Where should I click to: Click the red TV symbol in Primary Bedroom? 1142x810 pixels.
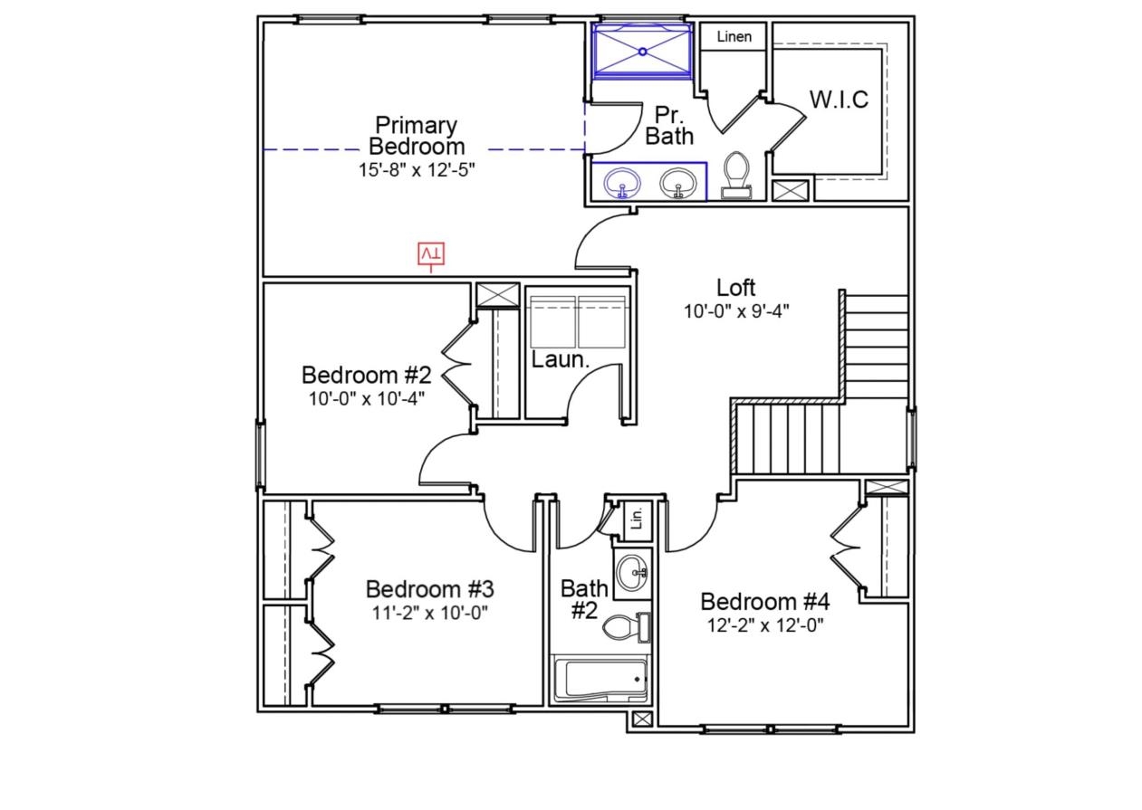coord(431,255)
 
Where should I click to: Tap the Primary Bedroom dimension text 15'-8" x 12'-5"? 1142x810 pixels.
coord(417,169)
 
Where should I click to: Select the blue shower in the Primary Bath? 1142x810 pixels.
coord(642,52)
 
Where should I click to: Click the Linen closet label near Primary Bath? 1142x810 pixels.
coord(734,37)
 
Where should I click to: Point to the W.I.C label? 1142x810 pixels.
coord(839,100)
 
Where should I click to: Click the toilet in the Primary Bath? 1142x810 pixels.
coord(735,174)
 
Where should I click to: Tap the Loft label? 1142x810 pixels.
coord(735,288)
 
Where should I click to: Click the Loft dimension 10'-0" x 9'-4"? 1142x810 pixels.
coord(735,311)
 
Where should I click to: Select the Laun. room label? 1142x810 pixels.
coord(561,360)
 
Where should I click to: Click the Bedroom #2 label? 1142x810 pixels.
coord(366,375)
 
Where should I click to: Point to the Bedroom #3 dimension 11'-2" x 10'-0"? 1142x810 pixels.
coord(429,613)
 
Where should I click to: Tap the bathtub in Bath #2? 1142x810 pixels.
coord(600,680)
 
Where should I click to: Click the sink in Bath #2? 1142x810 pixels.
coord(632,572)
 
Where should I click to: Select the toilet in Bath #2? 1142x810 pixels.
coord(626,627)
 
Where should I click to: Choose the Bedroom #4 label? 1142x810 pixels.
coord(765,602)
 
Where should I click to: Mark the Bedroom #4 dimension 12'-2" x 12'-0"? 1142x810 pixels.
coord(765,624)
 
